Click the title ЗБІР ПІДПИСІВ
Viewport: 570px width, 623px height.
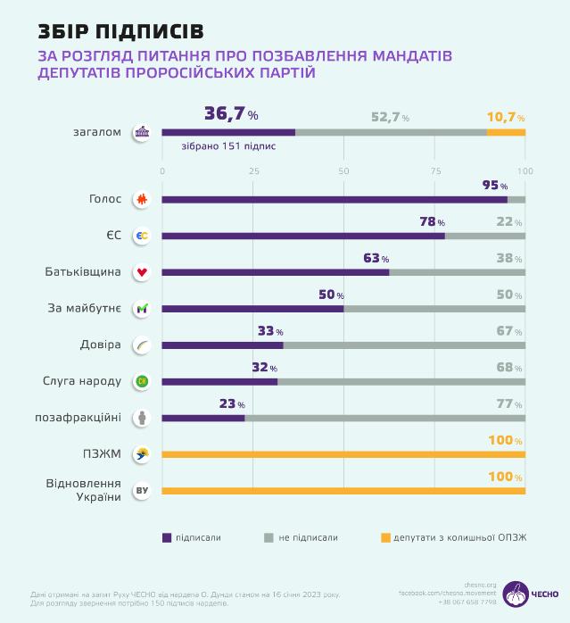(x=120, y=31)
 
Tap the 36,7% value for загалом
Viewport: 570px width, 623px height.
(x=231, y=114)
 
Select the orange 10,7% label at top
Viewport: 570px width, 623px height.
(x=505, y=117)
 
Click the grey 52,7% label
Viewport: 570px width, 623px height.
(x=390, y=117)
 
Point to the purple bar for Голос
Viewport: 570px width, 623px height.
(x=335, y=200)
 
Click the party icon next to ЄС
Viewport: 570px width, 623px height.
(x=141, y=237)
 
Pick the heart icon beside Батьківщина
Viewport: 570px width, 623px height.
(x=141, y=272)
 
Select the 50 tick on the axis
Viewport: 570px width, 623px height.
(x=343, y=170)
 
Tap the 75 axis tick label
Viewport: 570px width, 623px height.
(x=435, y=170)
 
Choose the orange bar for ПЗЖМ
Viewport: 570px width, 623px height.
(x=343, y=454)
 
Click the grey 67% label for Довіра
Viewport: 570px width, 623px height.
(x=505, y=331)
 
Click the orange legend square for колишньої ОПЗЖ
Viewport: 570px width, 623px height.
(x=386, y=537)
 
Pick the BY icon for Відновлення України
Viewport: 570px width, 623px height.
(x=141, y=491)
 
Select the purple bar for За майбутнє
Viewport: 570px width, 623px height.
(x=252, y=309)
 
